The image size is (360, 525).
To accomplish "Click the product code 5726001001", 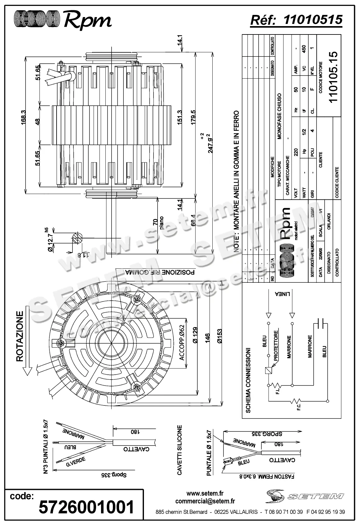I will point(86,507).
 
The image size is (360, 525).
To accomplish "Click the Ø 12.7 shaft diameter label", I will point(50,241).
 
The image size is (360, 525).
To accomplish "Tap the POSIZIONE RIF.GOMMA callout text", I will point(160,272).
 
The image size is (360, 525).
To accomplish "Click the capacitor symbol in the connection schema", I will point(321,325).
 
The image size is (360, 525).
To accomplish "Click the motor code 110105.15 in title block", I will point(333,77).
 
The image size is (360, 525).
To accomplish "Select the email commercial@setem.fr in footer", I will point(205,501).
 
